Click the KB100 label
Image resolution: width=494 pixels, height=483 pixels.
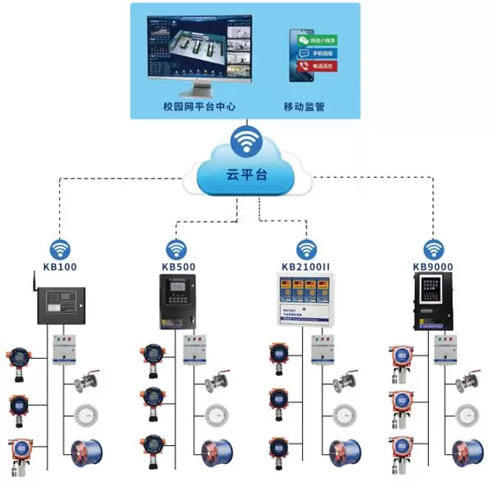pyautogui.click(x=59, y=267)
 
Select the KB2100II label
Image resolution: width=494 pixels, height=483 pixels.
pyautogui.click(x=306, y=267)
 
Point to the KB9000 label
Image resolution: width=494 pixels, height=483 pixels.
pyautogui.click(x=433, y=267)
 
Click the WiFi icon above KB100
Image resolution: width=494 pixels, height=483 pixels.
pyautogui.click(x=59, y=248)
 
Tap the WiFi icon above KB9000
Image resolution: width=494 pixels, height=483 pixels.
pyautogui.click(x=433, y=248)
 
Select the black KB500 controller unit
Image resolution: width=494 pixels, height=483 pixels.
pyautogui.click(x=177, y=300)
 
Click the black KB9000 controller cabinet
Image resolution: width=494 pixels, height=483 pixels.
pyautogui.click(x=434, y=301)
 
